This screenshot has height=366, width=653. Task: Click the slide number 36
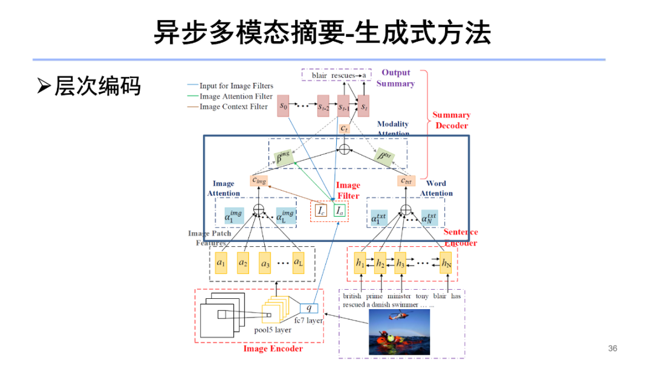[612, 348]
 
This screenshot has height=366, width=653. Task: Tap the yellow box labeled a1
[221, 263]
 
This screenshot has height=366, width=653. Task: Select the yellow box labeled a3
[265, 263]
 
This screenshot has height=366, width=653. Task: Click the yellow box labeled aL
[298, 263]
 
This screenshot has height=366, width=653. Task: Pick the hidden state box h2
[380, 263]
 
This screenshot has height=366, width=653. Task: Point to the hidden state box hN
[446, 263]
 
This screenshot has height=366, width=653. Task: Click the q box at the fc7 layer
[308, 307]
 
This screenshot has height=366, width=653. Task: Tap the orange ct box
[343, 129]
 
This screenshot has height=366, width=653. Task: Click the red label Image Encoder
[273, 349]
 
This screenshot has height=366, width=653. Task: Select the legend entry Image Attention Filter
[236, 96]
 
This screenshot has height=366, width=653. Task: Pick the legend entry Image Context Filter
[233, 107]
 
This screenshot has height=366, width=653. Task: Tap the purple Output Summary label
[395, 78]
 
